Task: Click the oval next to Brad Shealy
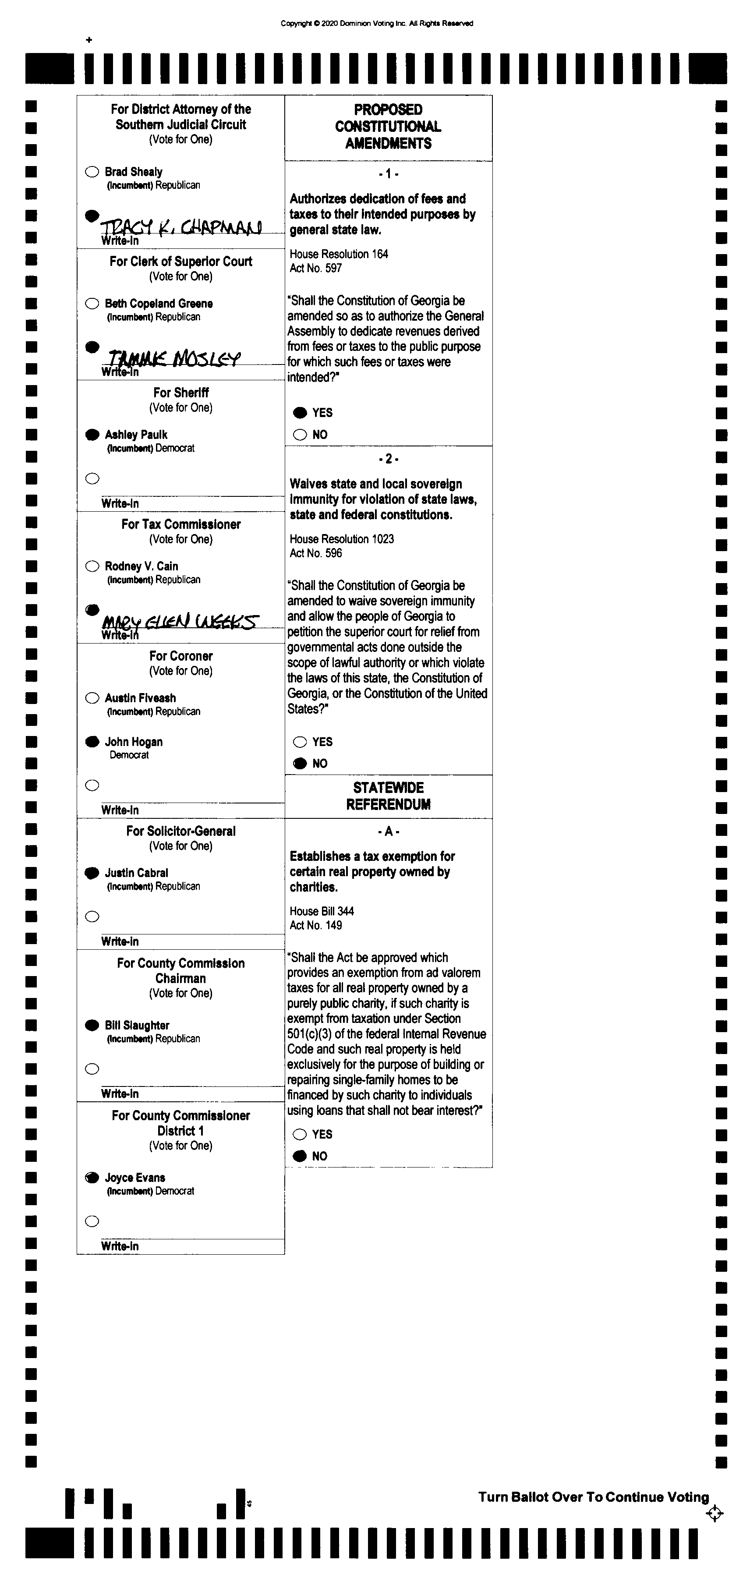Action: [x=92, y=172]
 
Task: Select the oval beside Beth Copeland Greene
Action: [x=92, y=303]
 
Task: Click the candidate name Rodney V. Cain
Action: [x=141, y=566]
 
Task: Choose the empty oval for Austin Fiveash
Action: [x=92, y=698]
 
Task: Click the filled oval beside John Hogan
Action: [x=92, y=742]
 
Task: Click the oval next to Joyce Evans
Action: [x=92, y=1178]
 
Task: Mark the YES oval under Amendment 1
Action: [x=300, y=412]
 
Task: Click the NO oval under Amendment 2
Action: [x=300, y=763]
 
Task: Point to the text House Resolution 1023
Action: [x=341, y=539]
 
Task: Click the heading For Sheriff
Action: [x=181, y=393]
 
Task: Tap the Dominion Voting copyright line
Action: [x=377, y=23]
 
